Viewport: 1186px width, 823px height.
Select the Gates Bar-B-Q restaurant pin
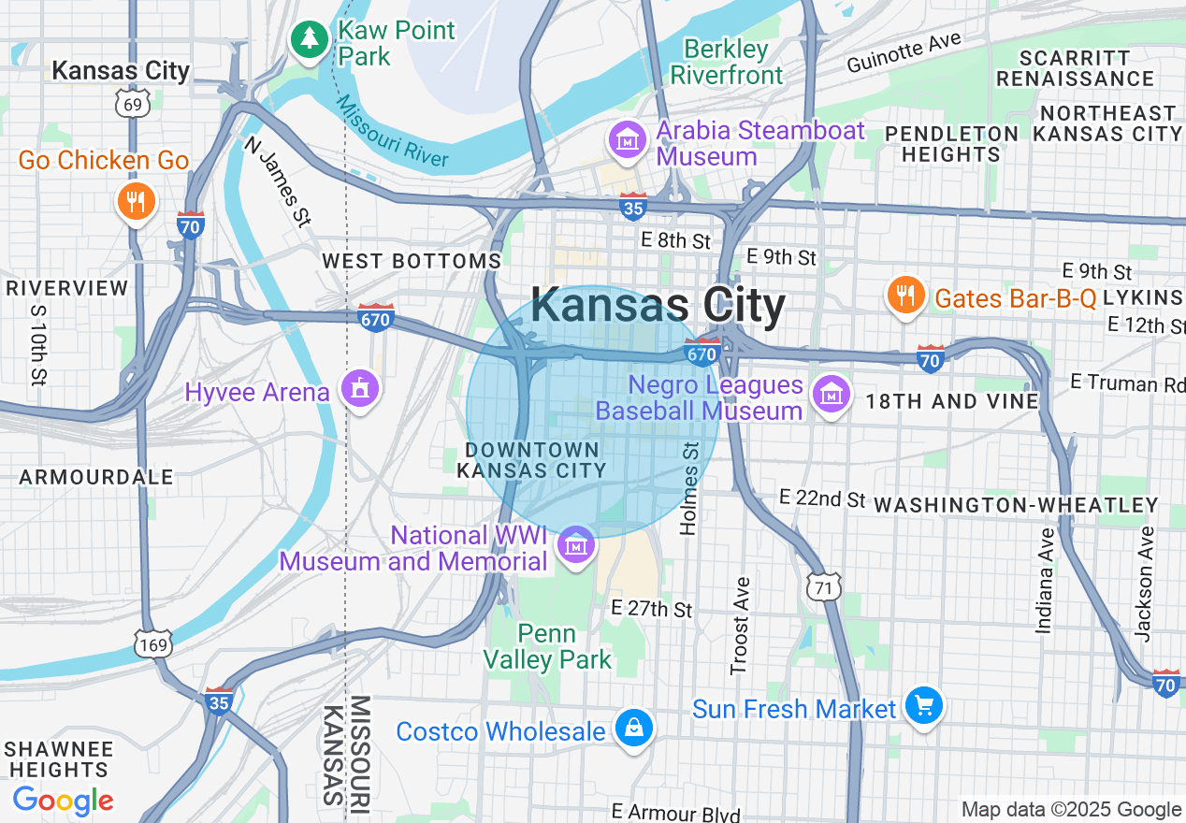tap(904, 296)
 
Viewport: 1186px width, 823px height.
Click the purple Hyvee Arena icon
tap(359, 388)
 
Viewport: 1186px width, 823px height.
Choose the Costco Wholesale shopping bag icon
tap(633, 727)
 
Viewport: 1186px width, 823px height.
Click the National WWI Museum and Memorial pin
tap(576, 545)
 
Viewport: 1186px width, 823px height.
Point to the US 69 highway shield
tap(134, 103)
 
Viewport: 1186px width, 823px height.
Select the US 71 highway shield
tap(823, 587)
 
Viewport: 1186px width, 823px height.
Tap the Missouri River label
tap(393, 132)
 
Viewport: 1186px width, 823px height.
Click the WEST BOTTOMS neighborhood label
tap(412, 261)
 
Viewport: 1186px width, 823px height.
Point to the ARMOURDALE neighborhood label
tap(96, 477)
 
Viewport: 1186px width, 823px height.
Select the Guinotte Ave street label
tap(904, 52)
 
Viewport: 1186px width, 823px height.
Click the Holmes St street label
tap(690, 488)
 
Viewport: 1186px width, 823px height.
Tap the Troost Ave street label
tap(741, 626)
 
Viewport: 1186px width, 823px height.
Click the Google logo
tap(64, 801)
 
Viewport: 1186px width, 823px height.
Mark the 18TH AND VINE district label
tap(952, 401)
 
